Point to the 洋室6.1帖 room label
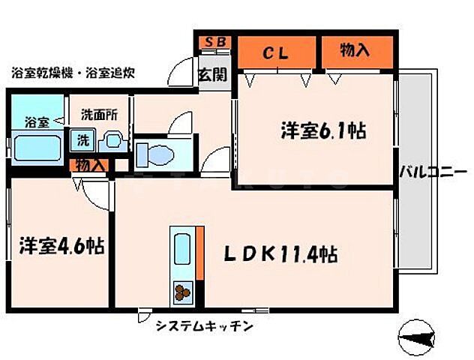[323, 131]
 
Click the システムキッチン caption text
[205, 326]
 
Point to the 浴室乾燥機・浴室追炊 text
[73, 73]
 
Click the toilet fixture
[156, 154]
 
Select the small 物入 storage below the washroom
[90, 165]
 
